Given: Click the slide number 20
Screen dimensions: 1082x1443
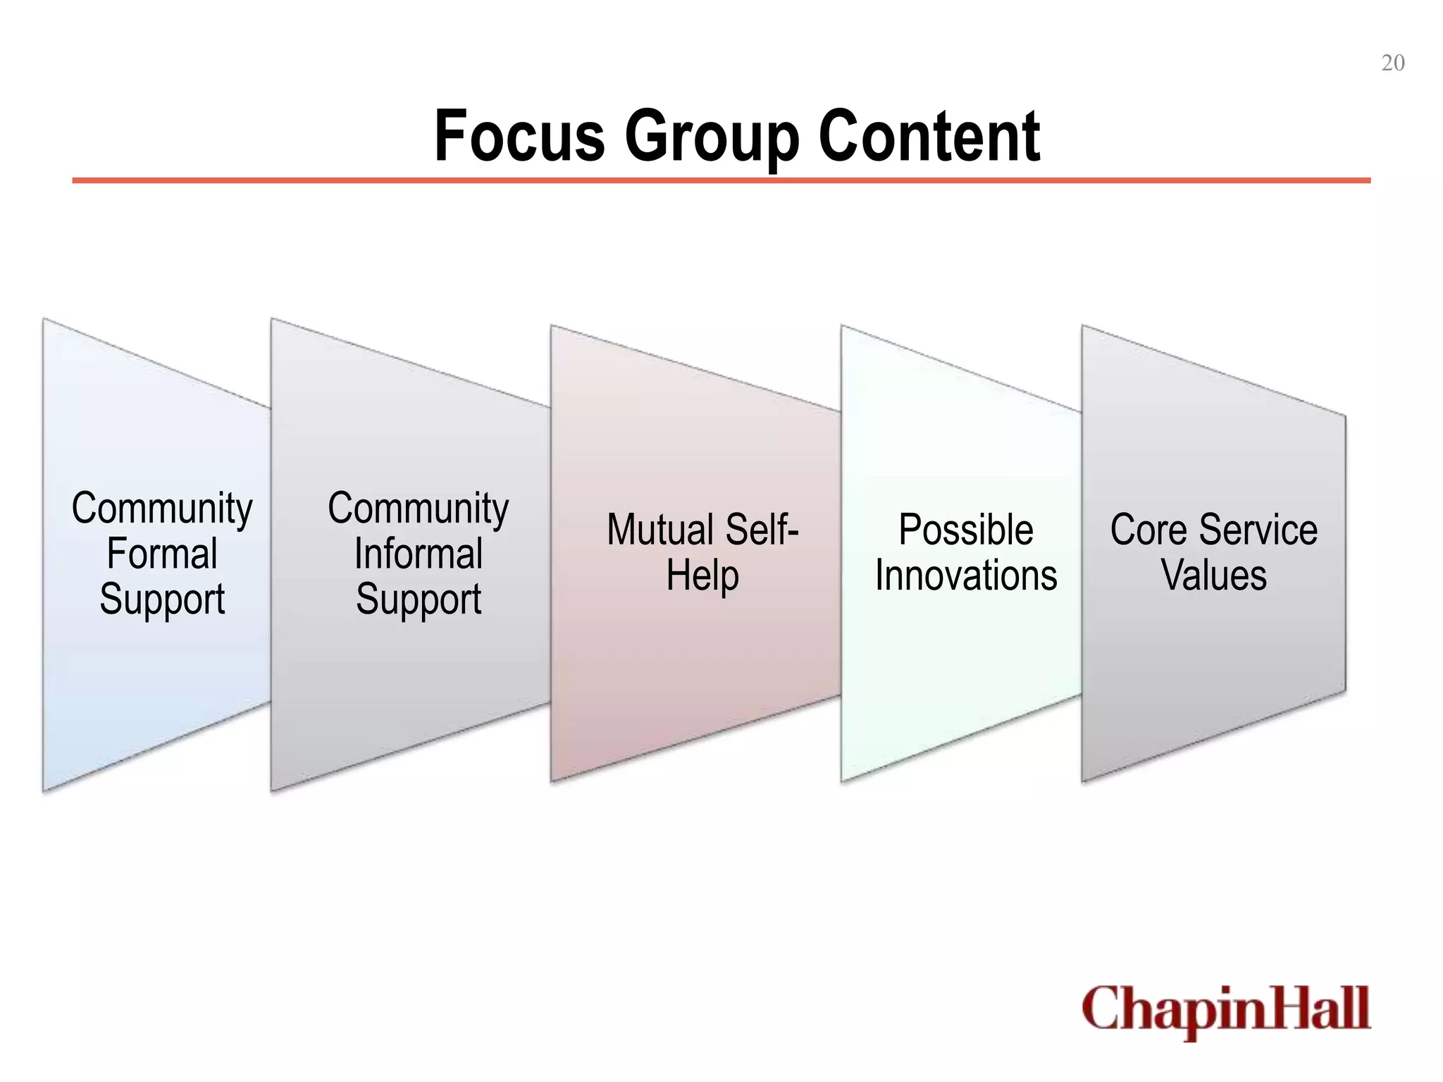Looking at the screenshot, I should point(1392,63).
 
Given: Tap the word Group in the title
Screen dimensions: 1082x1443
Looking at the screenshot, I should point(712,137).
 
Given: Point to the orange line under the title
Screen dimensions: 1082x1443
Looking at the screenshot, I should point(721,181).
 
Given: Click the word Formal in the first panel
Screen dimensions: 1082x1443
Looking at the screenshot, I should point(162,554).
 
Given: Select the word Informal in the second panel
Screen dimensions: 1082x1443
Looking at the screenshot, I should point(419,554).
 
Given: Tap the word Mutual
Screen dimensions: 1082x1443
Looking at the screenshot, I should point(659,530).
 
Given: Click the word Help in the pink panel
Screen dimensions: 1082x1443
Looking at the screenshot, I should point(702,576).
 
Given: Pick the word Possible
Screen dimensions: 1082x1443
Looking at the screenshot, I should point(966,530).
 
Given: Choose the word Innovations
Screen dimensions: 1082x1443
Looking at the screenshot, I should point(966,576).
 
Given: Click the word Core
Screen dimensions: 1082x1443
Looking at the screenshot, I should point(1148,530).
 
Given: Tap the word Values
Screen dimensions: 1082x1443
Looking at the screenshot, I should point(1213,576).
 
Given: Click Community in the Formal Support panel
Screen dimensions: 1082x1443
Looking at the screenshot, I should point(162,509).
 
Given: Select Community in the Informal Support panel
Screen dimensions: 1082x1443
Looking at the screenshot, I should point(419,509).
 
